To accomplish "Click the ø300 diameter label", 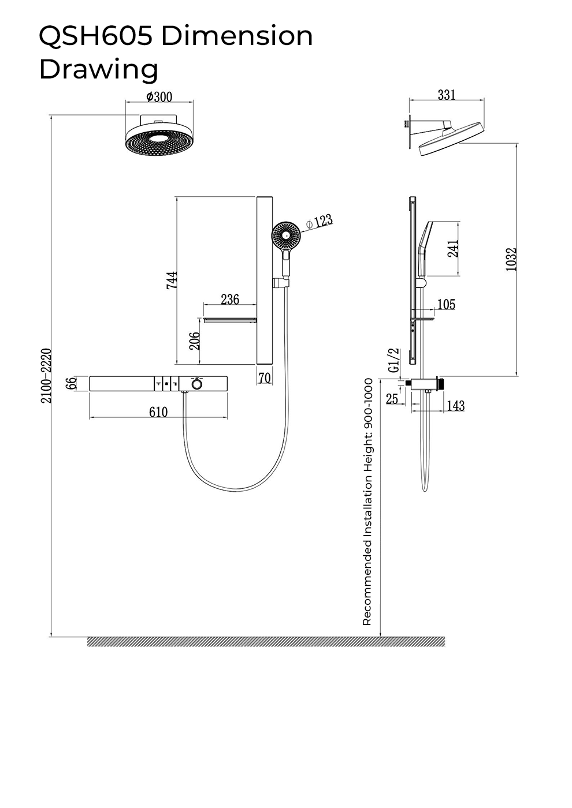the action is pyautogui.click(x=159, y=97).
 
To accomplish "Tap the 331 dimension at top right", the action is pyautogui.click(x=447, y=95).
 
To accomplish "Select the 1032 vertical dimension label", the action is pyautogui.click(x=511, y=259).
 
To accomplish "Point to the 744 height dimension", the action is pyautogui.click(x=172, y=280).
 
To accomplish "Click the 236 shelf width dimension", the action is pyautogui.click(x=230, y=299).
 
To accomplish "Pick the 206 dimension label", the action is pyautogui.click(x=195, y=341).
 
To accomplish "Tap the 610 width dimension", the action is pyautogui.click(x=158, y=412).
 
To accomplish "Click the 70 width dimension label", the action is pyautogui.click(x=265, y=378).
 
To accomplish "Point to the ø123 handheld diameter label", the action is pyautogui.click(x=319, y=222).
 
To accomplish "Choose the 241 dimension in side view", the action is pyautogui.click(x=453, y=248).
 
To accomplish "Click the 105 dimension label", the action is pyautogui.click(x=446, y=305).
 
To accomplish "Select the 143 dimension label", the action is pyautogui.click(x=455, y=406).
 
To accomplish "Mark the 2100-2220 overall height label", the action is pyautogui.click(x=46, y=376).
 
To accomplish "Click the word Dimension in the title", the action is pyautogui.click(x=237, y=36).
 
